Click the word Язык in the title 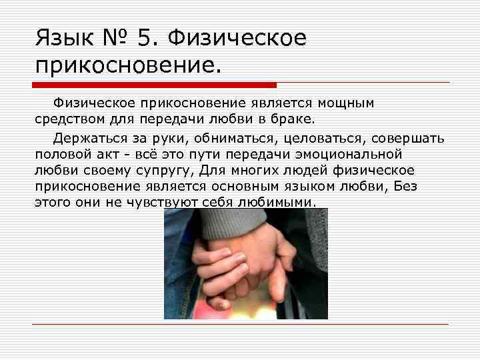point(64,38)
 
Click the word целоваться point(315,139)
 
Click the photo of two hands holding point(245,263)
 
